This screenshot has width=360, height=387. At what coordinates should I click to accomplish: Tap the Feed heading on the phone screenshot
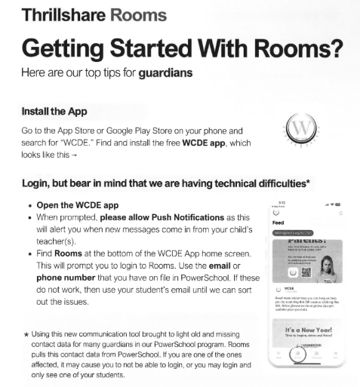tap(278, 224)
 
